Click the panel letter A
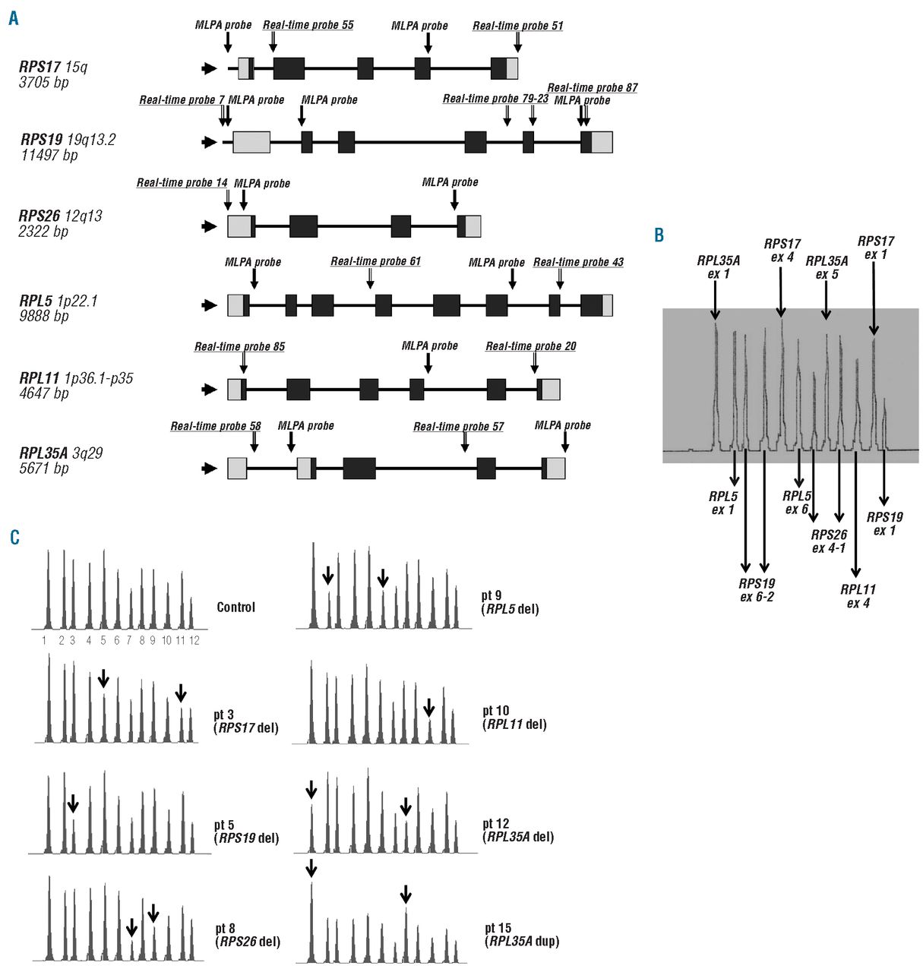tap(14, 18)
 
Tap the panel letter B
tap(659, 235)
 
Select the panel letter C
tap(14, 538)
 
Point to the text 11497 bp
tap(49, 156)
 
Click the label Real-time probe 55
tap(308, 25)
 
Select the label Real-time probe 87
tap(592, 88)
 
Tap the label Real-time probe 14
tap(182, 183)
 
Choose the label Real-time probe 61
tap(375, 261)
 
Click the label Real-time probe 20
tap(530, 346)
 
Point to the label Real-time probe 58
tap(215, 426)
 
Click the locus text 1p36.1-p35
tap(98, 378)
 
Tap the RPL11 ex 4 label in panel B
tap(858, 596)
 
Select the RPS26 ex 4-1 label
tap(828, 541)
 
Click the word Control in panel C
tap(235, 607)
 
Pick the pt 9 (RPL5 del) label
tap(510, 602)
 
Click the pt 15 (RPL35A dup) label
tap(521, 935)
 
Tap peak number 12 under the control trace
tap(194, 641)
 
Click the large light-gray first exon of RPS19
tap(251, 142)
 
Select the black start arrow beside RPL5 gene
tap(208, 305)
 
